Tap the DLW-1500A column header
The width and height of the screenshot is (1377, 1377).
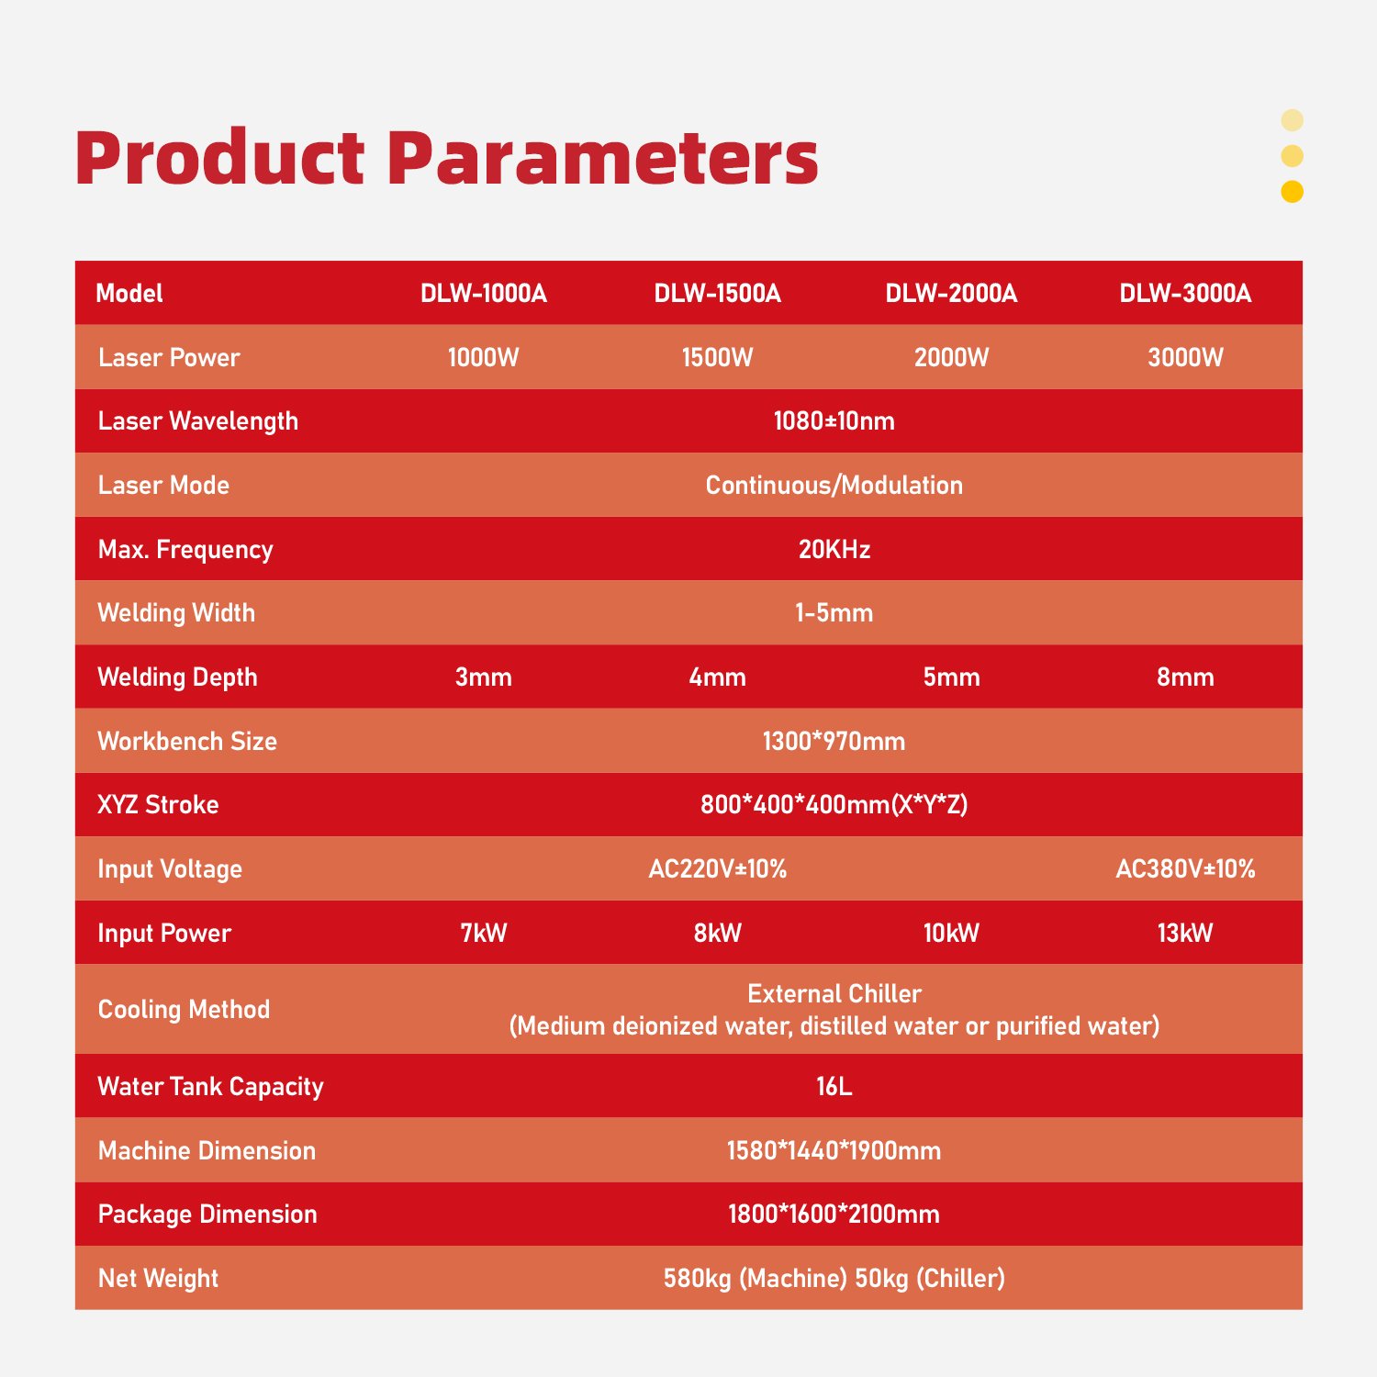(717, 293)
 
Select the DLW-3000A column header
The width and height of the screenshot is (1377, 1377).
(1185, 293)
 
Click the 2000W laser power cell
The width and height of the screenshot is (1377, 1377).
(951, 357)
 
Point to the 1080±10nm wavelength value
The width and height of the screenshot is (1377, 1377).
(834, 420)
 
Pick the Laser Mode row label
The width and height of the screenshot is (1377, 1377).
(163, 485)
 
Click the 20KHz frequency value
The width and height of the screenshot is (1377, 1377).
(834, 549)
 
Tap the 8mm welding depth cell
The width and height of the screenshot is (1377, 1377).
(1185, 677)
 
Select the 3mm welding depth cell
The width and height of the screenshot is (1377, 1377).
(484, 677)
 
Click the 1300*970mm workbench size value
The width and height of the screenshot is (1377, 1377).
(834, 741)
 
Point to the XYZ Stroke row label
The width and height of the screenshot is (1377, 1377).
(158, 805)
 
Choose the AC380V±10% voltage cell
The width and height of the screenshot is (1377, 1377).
(1185, 868)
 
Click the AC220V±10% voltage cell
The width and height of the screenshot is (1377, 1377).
(717, 868)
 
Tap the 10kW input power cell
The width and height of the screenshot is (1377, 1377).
(951, 933)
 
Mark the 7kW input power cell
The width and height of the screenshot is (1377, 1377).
(484, 933)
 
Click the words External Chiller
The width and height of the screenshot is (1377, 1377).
(834, 993)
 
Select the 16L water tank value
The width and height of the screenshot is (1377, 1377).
(834, 1086)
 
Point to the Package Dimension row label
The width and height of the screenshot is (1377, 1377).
(207, 1215)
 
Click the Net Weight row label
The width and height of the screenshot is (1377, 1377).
(158, 1278)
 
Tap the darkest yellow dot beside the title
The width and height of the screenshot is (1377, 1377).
(1292, 191)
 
